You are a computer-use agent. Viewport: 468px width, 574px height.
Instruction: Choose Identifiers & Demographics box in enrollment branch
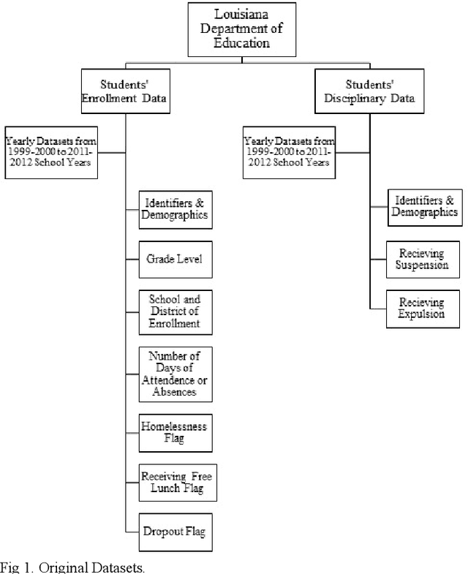pyautogui.click(x=175, y=209)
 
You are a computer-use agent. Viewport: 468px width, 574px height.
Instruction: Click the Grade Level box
pyautogui.click(x=175, y=258)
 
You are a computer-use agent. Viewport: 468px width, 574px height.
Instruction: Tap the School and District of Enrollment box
pyautogui.click(x=175, y=311)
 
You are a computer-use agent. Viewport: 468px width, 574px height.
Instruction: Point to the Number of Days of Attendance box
pyautogui.click(x=175, y=374)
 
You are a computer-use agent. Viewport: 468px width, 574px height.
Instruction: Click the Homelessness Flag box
pyautogui.click(x=175, y=432)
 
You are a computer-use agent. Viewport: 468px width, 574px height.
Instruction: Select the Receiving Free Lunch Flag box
pyautogui.click(x=176, y=483)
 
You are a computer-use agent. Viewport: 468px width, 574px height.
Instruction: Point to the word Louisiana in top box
pyautogui.click(x=241, y=14)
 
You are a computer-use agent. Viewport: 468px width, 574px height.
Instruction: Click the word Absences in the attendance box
pyautogui.click(x=175, y=392)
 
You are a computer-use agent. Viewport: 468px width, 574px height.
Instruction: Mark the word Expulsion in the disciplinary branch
pyautogui.click(x=420, y=314)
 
